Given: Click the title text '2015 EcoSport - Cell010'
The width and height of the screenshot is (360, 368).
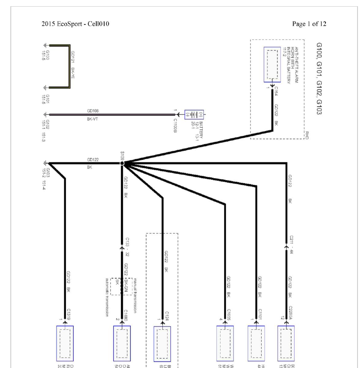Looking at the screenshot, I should (76, 24).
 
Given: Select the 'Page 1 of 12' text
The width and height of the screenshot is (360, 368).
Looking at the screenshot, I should (309, 24).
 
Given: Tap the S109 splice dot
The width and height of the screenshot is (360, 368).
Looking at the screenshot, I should (122, 164).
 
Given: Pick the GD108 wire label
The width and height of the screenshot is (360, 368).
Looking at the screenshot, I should (93, 111).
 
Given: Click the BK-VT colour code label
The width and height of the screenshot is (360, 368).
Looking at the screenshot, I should (93, 119).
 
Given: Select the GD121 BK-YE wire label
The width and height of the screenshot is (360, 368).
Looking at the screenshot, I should (73, 66).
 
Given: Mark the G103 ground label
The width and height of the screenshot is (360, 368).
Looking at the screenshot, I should (48, 173).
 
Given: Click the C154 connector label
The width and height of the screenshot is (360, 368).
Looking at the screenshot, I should (276, 91).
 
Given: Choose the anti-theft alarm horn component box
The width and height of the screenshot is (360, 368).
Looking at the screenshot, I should (272, 64).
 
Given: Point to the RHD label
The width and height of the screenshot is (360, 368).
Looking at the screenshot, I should (307, 135).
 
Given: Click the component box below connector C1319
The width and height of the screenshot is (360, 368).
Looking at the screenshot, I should (65, 343).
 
